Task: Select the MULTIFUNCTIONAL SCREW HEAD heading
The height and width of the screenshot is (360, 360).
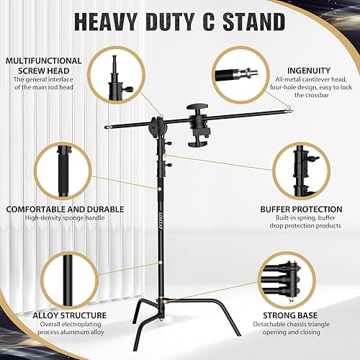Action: tap(37, 66)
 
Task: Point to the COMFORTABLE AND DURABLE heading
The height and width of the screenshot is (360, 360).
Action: tap(65, 209)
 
